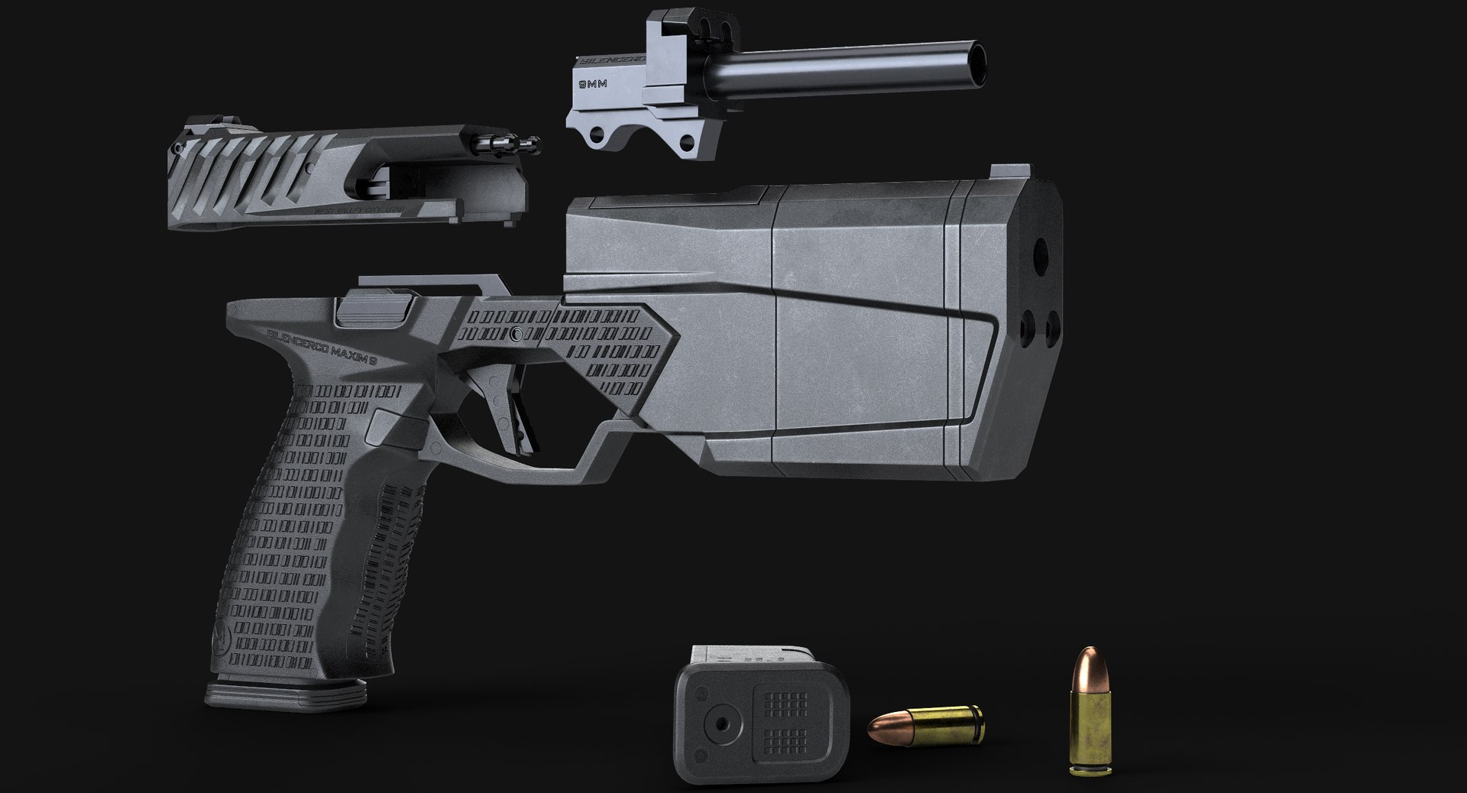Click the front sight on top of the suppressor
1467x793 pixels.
pos(999,173)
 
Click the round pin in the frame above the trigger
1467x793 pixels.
pos(519,334)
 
